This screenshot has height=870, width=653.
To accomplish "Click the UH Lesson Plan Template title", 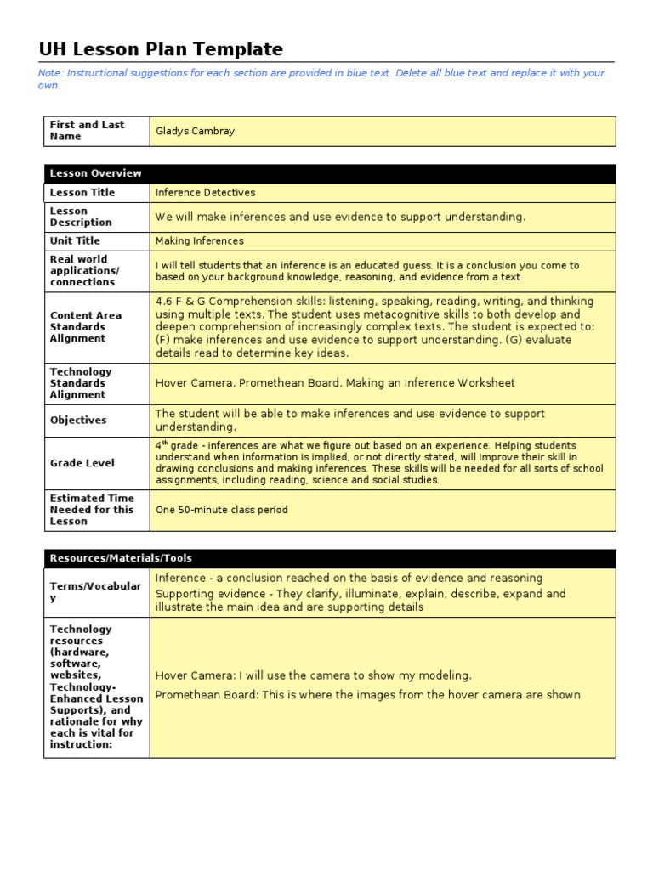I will pos(161,49).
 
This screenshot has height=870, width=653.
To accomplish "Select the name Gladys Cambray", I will pos(195,131).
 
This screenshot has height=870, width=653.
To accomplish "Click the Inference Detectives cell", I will pos(205,193).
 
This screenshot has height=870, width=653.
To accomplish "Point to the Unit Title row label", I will pos(75,241).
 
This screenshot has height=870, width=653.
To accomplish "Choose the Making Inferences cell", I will pos(199,241).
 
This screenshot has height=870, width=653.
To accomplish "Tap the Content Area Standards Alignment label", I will pos(86,327).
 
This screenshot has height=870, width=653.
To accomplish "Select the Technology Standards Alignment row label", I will pos(81,383).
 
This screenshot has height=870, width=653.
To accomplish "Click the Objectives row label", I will pos(78,420).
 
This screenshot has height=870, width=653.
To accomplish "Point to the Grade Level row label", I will pos(82,463).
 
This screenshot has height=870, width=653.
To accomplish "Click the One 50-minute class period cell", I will pos(221,510).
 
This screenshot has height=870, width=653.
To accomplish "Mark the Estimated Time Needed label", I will pos(92,510).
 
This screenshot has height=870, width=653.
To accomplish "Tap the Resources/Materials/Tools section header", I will pos(121,558).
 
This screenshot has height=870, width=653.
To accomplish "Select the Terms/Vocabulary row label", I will pos(95,592).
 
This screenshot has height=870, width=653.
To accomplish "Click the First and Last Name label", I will pos(87,130).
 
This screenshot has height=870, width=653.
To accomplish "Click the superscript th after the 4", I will pos(163,443).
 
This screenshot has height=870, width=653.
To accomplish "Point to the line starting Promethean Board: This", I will pos(367,695).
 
